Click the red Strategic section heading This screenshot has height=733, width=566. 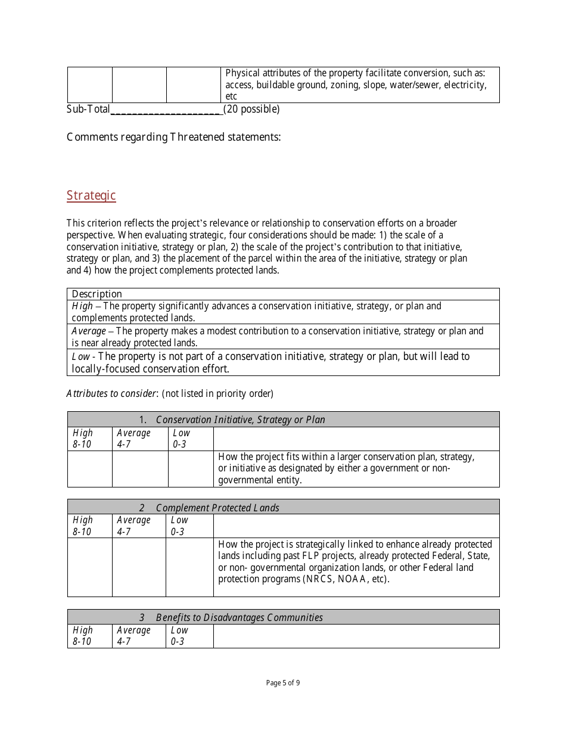pyautogui.click(x=91, y=195)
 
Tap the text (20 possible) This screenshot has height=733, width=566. pyautogui.click(x=251, y=109)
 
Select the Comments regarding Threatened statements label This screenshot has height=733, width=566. pyautogui.click(x=173, y=137)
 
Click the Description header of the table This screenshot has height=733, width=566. pyautogui.click(x=97, y=294)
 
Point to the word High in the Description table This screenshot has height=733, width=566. pyautogui.click(x=82, y=306)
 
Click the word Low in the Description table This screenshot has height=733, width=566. pyautogui.click(x=80, y=356)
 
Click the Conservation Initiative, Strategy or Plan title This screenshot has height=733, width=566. pyautogui.click(x=240, y=420)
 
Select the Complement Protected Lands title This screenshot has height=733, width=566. pyautogui.click(x=217, y=508)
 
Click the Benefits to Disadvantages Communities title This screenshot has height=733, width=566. pyautogui.click(x=239, y=617)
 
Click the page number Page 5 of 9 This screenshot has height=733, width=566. pyautogui.click(x=283, y=683)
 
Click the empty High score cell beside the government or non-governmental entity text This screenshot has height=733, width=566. pyautogui.click(x=89, y=469)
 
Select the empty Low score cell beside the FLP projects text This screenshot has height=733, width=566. pyautogui.click(x=189, y=567)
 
